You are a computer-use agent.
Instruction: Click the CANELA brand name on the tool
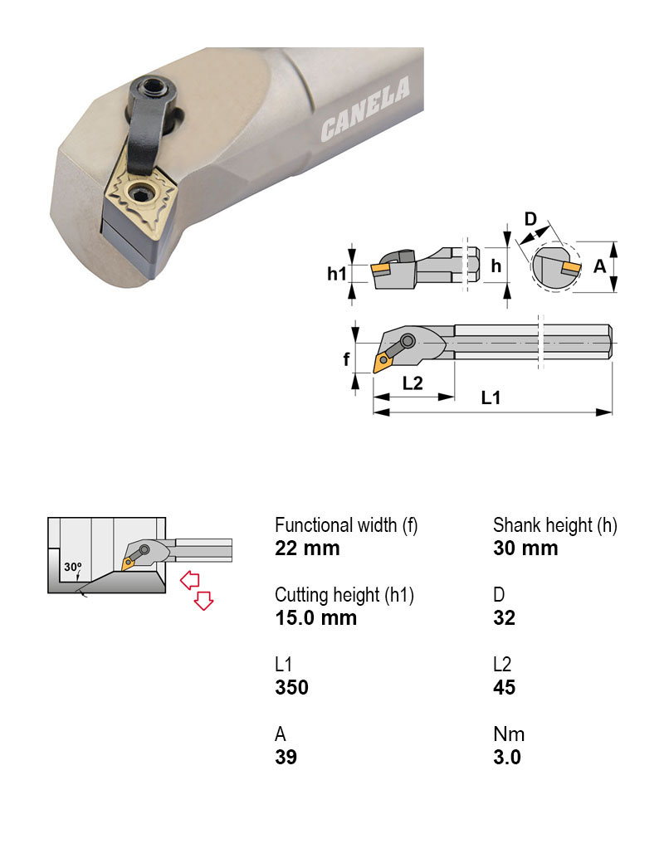(x=365, y=109)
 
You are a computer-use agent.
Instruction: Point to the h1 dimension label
(x=336, y=273)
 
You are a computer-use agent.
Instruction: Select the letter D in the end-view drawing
(x=530, y=219)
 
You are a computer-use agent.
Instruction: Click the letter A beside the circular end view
(x=599, y=266)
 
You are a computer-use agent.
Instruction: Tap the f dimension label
(x=346, y=358)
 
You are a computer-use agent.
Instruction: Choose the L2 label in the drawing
(x=413, y=383)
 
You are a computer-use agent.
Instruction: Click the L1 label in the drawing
(x=491, y=397)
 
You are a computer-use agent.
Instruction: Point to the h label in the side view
(x=496, y=266)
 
